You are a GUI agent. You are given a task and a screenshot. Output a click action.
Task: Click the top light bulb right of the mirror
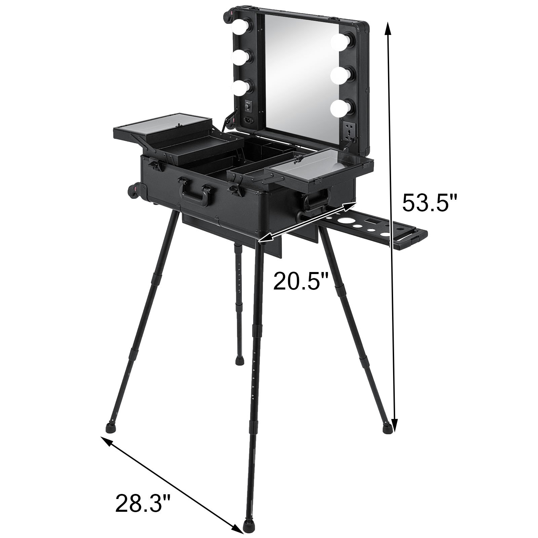[x=340, y=42]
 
